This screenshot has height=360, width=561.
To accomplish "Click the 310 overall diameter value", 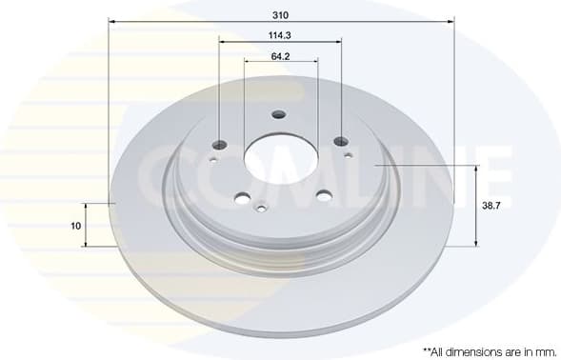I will pyautogui.click(x=280, y=15).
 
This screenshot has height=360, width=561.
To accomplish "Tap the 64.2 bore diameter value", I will pyautogui.click(x=280, y=56).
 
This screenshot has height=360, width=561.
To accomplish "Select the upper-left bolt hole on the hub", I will pyautogui.click(x=220, y=145).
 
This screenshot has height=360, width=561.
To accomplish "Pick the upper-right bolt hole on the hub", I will pyautogui.click(x=342, y=142).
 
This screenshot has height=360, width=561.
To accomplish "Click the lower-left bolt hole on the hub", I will pyautogui.click(x=242, y=198).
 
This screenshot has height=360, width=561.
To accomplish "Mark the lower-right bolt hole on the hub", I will pyautogui.click(x=324, y=196).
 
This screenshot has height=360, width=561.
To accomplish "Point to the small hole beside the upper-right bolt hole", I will pyautogui.click(x=348, y=154).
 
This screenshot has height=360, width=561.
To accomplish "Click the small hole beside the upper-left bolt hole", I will pyautogui.click(x=213, y=159).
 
